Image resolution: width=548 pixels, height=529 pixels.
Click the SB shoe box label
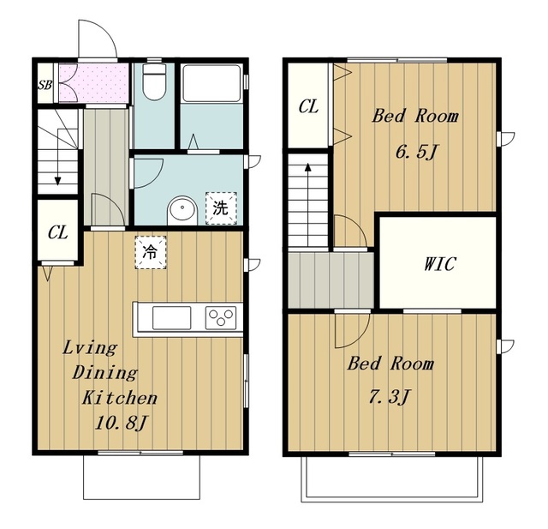click(45, 85)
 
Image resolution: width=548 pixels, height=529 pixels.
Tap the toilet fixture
click(154, 81)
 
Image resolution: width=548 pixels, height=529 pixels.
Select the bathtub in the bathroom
click(211, 83)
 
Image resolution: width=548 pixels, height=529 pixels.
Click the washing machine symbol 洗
click(221, 208)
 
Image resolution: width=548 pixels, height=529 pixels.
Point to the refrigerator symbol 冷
click(151, 252)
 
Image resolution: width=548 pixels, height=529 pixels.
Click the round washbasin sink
click(182, 210)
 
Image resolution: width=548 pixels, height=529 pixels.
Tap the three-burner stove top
click(221, 318)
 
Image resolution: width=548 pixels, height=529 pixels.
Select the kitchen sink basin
click(171, 318)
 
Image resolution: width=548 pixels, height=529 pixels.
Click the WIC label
click(439, 264)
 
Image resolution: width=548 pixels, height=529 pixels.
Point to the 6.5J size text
click(417, 152)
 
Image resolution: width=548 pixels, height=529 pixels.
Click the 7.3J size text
click(390, 398)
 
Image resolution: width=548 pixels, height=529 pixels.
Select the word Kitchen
click(120, 398)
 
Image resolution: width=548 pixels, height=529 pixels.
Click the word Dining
click(104, 373)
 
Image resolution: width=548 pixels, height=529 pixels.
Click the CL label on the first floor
click(57, 232)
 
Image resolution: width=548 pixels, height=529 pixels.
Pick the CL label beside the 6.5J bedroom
click(308, 106)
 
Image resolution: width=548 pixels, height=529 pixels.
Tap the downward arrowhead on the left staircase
click(57, 181)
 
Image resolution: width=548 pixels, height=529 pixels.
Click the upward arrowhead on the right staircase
click(308, 166)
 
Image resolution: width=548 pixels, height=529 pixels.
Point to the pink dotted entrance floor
click(93, 83)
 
